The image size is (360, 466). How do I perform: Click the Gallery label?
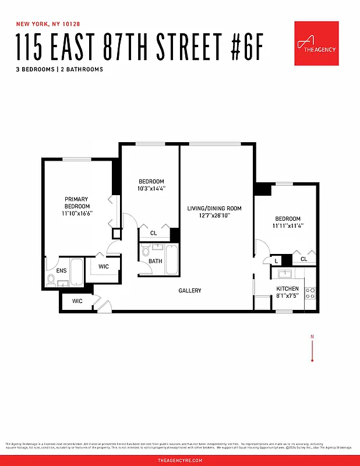coord(190,291)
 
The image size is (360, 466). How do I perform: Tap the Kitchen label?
coord(287,289)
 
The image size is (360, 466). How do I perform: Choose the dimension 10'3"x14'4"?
coord(151,189)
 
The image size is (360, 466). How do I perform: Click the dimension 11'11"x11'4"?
coord(287,226)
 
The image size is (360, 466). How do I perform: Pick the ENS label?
coord(61,270)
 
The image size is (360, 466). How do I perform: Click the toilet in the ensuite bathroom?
coord(51,280)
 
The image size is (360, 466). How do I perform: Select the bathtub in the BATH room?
coord(172,260)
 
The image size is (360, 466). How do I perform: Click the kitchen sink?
coord(285,274)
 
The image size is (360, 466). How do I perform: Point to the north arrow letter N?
coord(312,337)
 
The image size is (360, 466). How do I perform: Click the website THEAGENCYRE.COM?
coord(180,460)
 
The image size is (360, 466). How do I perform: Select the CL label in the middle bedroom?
coord(153,233)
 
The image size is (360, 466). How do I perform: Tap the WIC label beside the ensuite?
coord(104,266)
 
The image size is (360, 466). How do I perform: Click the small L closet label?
coord(276,260)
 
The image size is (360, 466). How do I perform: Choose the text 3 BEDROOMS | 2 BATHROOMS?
coord(60,69)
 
